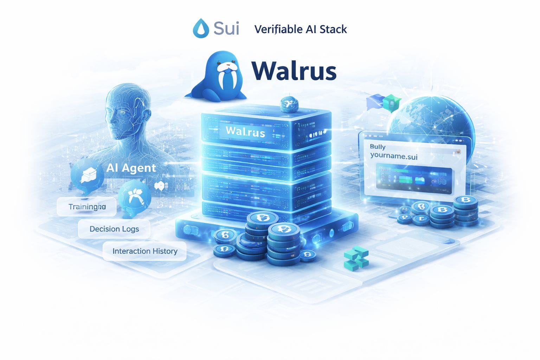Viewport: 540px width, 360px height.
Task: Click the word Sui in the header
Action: (x=226, y=28)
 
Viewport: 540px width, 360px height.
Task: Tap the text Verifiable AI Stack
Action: (x=300, y=29)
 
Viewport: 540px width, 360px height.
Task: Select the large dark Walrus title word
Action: (x=294, y=71)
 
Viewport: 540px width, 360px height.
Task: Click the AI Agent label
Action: (x=131, y=168)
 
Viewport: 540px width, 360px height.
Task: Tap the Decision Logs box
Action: (x=114, y=229)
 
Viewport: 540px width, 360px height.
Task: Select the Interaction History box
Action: (x=144, y=251)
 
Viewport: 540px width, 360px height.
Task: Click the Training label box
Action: (x=86, y=207)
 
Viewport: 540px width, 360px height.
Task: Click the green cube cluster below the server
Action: (x=356, y=258)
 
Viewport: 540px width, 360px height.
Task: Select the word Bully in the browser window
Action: (x=378, y=147)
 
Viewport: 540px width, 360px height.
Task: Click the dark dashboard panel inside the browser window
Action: (x=413, y=180)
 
